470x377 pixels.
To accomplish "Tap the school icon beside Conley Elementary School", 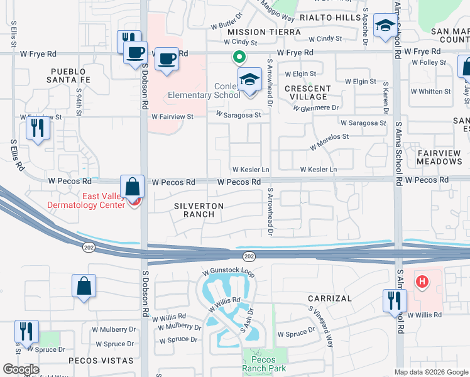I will [x=249, y=80].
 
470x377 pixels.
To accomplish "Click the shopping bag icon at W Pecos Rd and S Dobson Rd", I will [x=133, y=187].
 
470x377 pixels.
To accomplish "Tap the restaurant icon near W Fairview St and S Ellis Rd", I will [x=38, y=128].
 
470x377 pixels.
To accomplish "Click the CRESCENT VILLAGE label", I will [x=308, y=93].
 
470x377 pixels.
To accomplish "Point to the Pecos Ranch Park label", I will [x=264, y=368].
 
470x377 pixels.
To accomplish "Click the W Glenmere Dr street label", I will [x=316, y=107].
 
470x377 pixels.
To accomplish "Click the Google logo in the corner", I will [x=21, y=369].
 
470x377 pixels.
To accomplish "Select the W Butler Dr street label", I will [x=227, y=21].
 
